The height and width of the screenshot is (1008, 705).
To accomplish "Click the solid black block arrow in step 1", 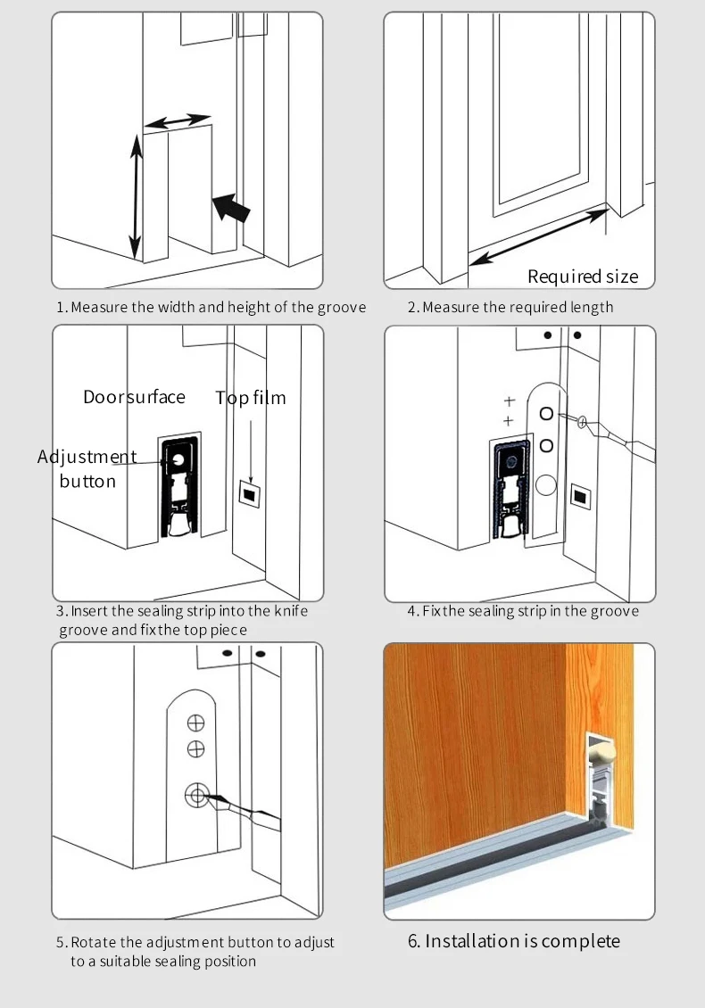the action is pos(231,208).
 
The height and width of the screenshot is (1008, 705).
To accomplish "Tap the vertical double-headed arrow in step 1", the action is pos(135,196).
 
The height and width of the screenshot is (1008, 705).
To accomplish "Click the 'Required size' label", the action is pos(583,277).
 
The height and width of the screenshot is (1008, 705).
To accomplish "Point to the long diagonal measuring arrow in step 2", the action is pos(538,236).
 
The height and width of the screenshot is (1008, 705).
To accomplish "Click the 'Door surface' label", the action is pos(134,397).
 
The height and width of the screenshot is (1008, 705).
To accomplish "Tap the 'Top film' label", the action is pos(250,398).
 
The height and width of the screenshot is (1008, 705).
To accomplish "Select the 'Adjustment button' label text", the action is pos(87,468).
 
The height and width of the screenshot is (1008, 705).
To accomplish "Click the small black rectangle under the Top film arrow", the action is pos(249,493).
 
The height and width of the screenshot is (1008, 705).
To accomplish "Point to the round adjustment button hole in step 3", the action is pos(176,459).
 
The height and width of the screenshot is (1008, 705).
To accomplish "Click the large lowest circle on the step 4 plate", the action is pos(545,484).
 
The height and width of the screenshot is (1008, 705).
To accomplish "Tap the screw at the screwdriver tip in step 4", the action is pos(582,422).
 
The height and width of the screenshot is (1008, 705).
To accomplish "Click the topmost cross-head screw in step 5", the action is pos(195,723).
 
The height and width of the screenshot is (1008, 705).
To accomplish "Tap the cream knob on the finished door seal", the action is pos(601,749).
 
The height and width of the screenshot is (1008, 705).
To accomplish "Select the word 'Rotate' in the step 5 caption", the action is pos(94,942).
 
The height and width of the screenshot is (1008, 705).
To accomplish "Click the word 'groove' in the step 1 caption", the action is pos(342,307).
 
